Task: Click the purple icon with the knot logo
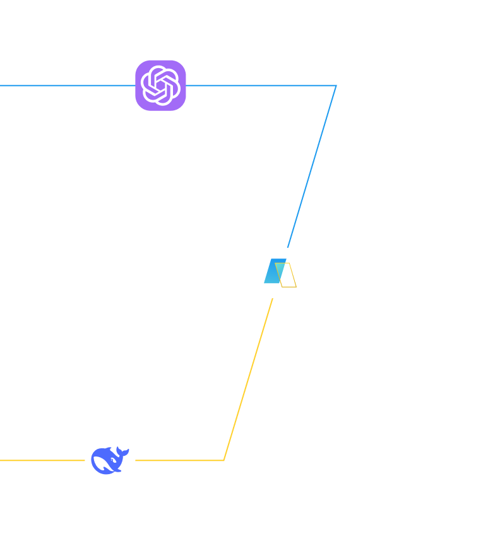click(x=160, y=85)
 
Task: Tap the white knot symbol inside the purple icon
click(x=160, y=85)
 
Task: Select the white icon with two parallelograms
click(x=280, y=273)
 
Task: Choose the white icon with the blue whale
click(x=110, y=460)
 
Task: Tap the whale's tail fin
click(x=122, y=452)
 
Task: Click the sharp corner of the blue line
click(x=336, y=85)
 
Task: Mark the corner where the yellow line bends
click(x=224, y=460)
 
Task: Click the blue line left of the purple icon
click(x=63, y=85)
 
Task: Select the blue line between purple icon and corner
click(x=259, y=85)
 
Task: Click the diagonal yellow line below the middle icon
click(x=249, y=378)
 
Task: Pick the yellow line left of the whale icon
click(x=41, y=460)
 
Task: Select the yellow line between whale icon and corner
click(x=180, y=460)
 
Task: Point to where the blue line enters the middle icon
click(x=288, y=248)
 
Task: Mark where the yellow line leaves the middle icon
click(x=273, y=298)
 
